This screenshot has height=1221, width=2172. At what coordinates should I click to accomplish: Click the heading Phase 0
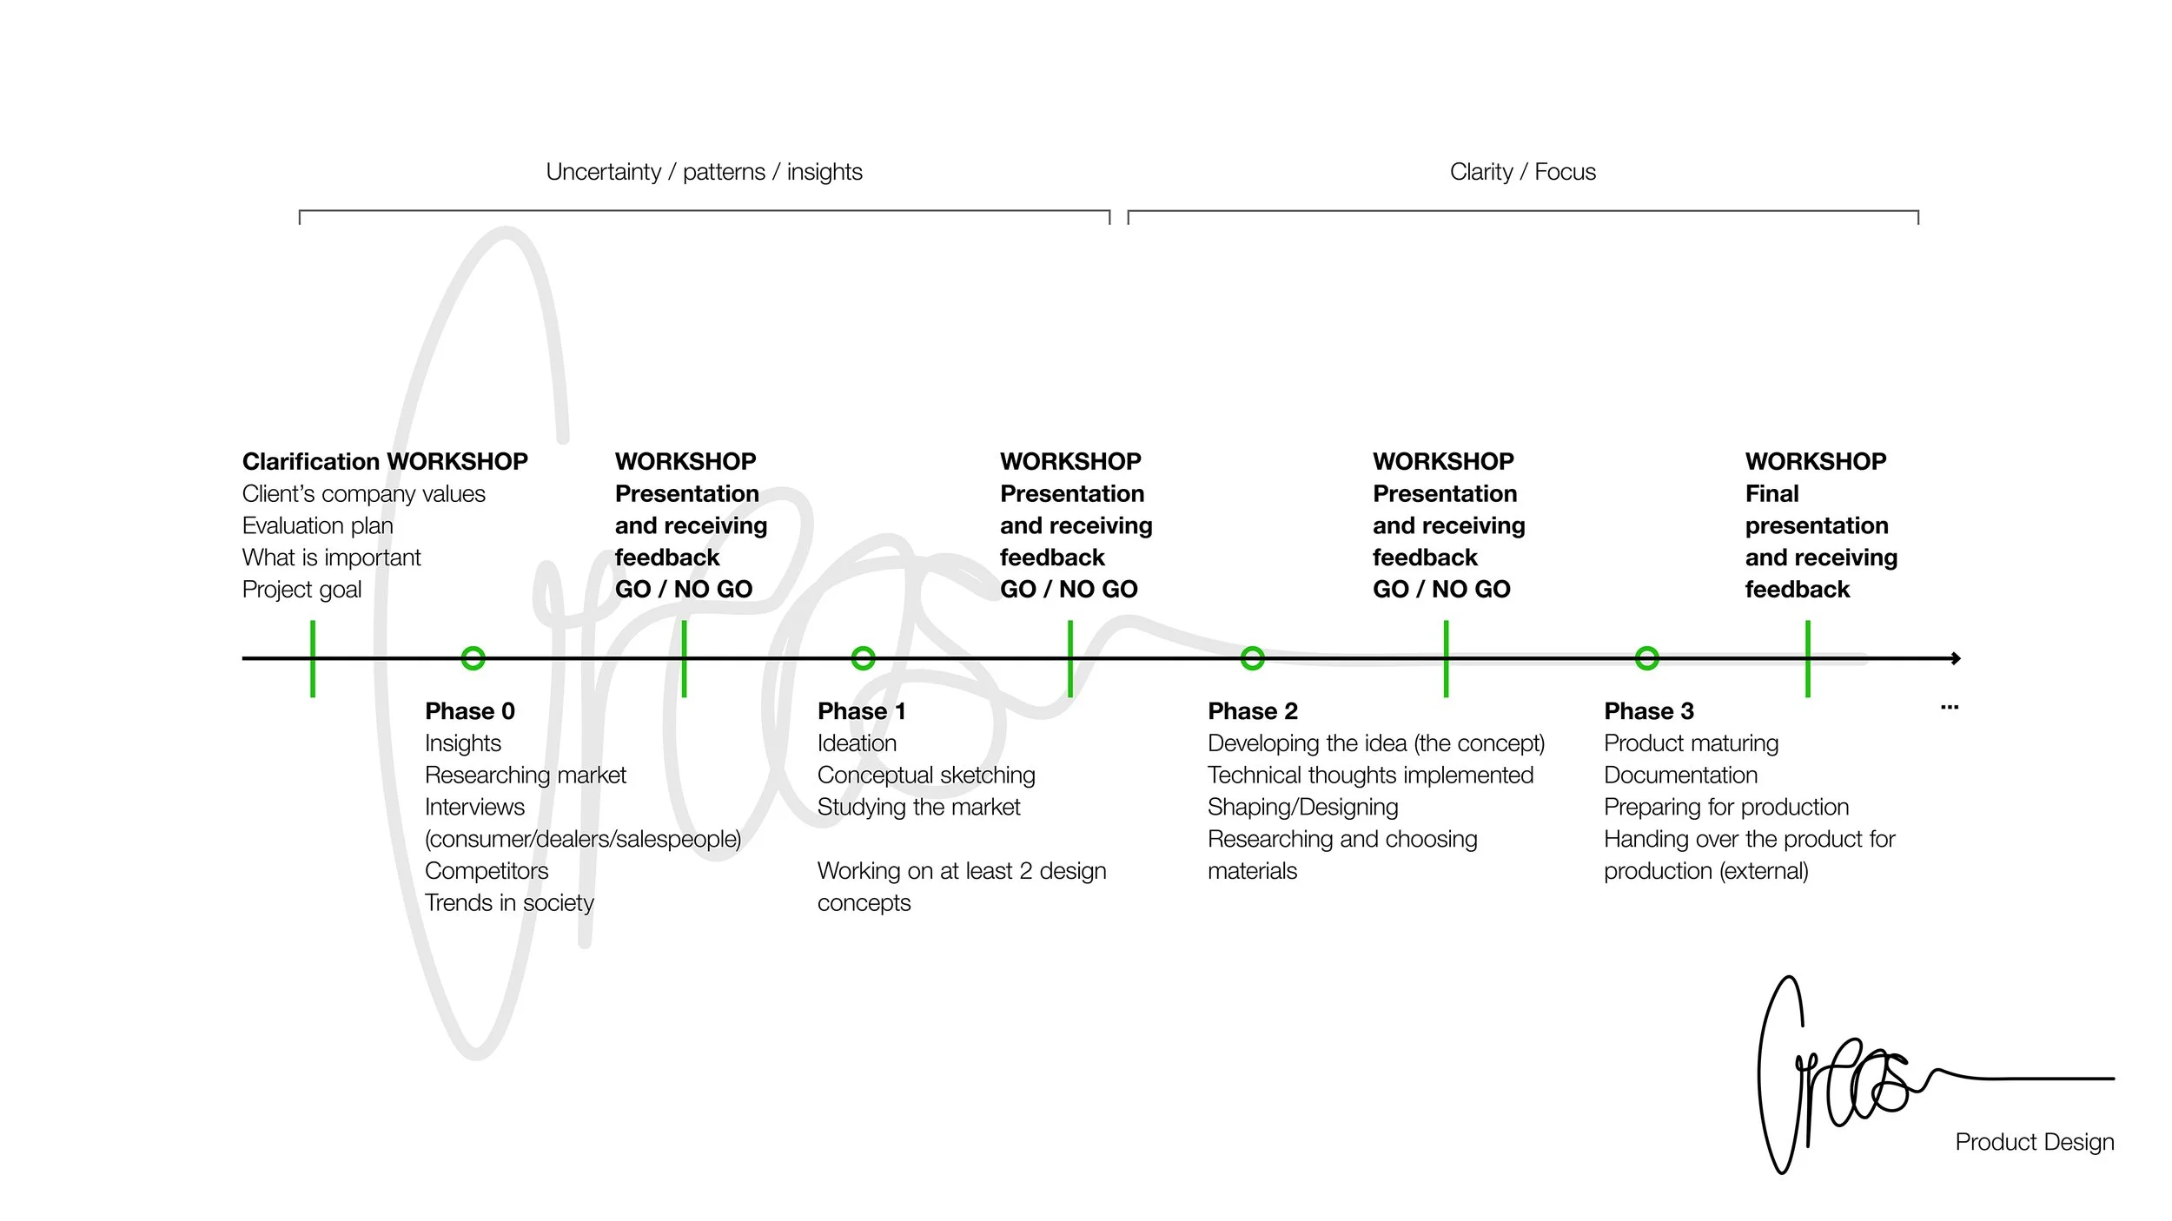470,711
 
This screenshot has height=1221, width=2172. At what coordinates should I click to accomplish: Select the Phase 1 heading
862,711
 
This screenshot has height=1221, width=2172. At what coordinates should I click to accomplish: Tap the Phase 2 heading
1253,711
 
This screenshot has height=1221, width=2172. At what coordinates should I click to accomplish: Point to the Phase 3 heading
1649,711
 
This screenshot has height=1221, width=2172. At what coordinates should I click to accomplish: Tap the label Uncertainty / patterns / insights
705,172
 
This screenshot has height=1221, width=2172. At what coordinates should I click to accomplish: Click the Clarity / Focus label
1523,172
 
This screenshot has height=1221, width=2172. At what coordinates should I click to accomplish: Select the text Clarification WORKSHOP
385,461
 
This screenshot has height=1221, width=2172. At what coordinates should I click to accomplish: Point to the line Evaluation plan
318,525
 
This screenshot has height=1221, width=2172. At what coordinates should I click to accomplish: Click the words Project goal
302,590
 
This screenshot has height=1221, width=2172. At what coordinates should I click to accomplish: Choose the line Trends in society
509,903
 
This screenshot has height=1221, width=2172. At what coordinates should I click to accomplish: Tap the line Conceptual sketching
926,775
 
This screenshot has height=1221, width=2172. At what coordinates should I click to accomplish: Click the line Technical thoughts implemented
1371,775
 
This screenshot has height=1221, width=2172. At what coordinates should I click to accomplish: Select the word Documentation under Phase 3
1681,775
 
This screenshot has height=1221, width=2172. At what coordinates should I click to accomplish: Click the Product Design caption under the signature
2035,1142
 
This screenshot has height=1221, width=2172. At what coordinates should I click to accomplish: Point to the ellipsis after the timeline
1950,708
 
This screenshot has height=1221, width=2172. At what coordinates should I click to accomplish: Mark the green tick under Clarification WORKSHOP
313,658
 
